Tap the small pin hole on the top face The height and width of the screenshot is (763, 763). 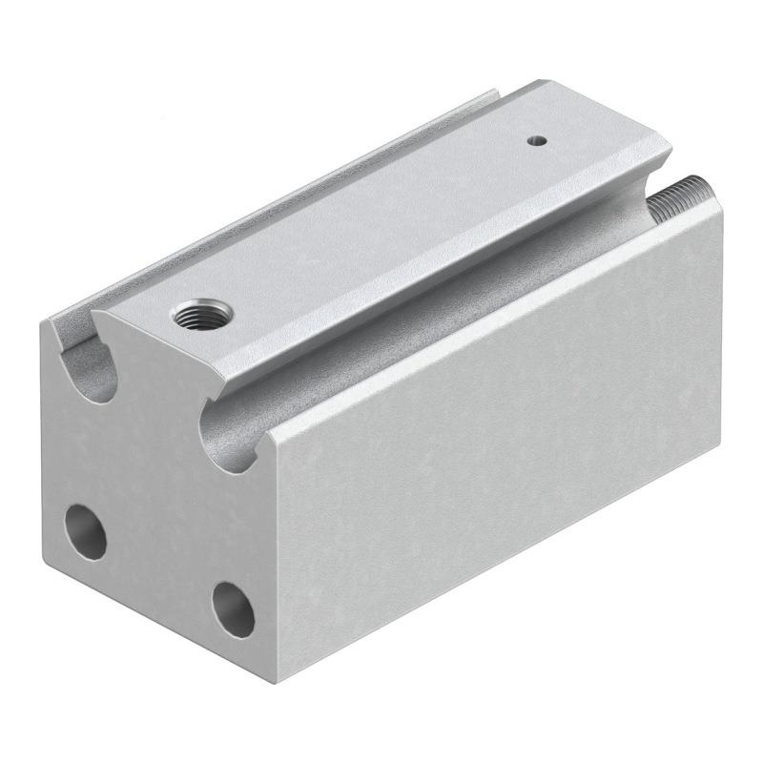click(538, 140)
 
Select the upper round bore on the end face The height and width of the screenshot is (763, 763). click(85, 531)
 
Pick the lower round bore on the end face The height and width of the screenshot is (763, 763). click(232, 608)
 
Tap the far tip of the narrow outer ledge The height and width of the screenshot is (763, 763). click(496, 93)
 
